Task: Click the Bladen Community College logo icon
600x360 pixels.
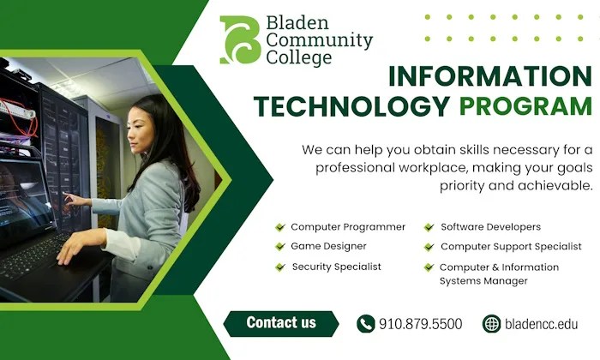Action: [239, 39]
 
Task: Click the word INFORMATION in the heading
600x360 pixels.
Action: [489, 76]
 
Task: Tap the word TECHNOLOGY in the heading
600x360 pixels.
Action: [352, 107]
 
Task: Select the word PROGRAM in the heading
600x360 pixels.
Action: [525, 107]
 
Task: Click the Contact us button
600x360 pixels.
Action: [281, 323]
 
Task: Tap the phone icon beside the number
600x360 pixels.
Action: [366, 324]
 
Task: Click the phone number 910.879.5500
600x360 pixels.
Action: [420, 324]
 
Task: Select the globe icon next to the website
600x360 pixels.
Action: [491, 324]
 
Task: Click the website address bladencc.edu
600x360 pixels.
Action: [542, 324]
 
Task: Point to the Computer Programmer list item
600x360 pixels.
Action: [347, 227]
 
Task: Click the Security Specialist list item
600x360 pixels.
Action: [336, 267]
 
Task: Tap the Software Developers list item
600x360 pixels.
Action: [490, 227]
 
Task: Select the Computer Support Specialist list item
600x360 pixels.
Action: [511, 247]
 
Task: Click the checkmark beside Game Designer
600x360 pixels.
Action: [279, 247]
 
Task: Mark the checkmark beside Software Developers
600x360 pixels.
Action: [429, 227]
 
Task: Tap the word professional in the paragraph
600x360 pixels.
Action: [351, 167]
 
